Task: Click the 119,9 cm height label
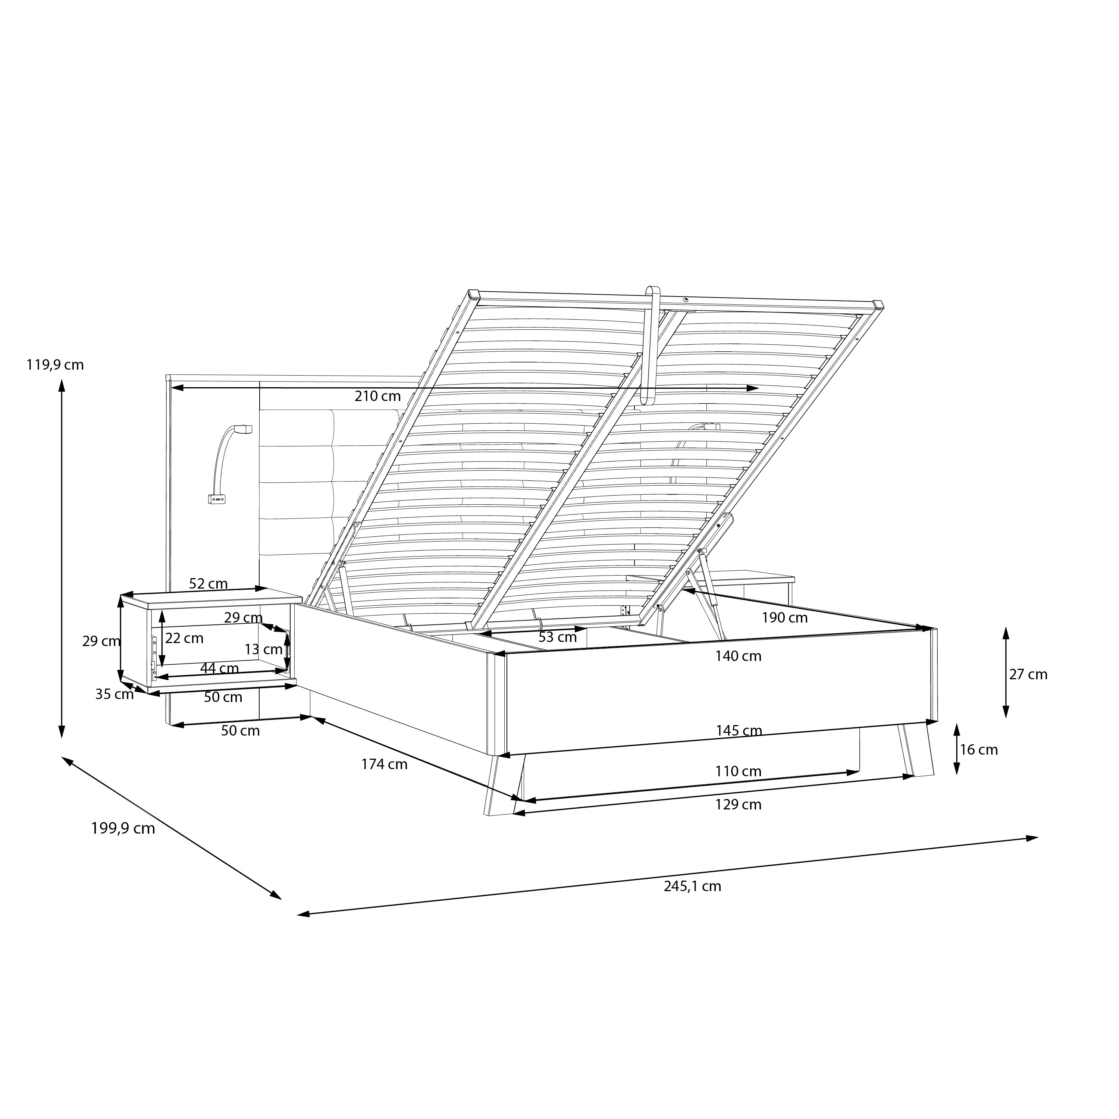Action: pos(55,365)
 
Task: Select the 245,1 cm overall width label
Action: pos(693,887)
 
